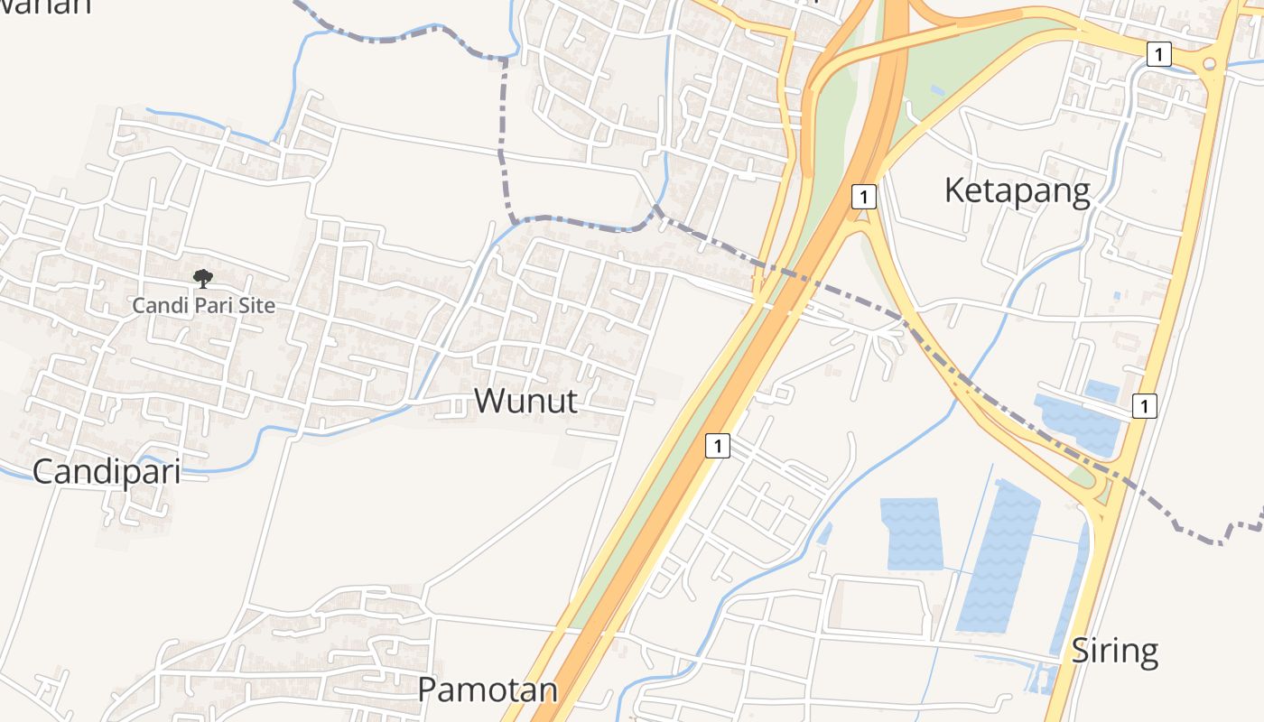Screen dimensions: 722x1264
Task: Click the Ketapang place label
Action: (1017, 191)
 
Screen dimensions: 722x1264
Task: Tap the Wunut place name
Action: (525, 401)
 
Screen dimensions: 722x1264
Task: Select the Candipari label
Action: (106, 471)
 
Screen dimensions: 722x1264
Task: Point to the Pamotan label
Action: (487, 690)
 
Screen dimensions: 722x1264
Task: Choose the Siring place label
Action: (1114, 651)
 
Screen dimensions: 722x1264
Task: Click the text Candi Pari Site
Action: (203, 305)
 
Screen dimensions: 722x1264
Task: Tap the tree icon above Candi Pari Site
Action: (203, 278)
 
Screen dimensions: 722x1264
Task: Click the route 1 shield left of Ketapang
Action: (864, 196)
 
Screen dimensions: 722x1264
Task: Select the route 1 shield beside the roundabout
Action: (1159, 54)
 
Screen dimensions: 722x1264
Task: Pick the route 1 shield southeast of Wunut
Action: (717, 445)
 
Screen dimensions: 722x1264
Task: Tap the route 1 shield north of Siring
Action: (1144, 406)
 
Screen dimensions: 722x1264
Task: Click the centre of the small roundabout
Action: (1212, 64)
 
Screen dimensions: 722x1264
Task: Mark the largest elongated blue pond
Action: (998, 556)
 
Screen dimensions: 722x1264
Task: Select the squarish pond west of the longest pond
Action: (913, 533)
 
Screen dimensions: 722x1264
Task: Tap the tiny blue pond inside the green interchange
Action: (937, 91)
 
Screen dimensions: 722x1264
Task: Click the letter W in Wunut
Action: (488, 401)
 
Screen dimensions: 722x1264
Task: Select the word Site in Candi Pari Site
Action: (256, 305)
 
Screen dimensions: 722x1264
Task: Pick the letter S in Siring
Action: (1081, 651)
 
